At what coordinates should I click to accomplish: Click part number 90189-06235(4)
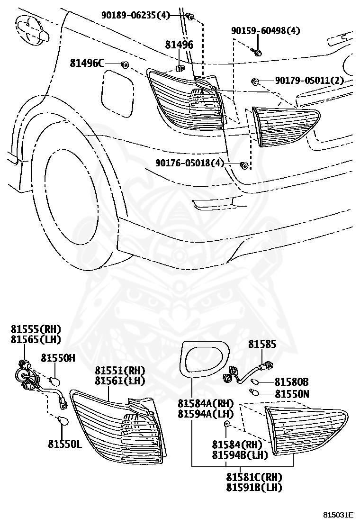[135, 15]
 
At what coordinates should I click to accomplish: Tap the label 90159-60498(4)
[265, 31]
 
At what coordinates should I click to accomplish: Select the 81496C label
[87, 63]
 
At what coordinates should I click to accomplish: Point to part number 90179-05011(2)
[309, 80]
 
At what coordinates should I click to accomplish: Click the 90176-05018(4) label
[189, 163]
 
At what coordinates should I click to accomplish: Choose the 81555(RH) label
[36, 329]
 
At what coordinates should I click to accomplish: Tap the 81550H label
[58, 358]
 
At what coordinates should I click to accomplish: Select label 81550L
[65, 444]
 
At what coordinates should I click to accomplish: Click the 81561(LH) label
[120, 381]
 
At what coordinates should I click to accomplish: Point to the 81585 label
[262, 344]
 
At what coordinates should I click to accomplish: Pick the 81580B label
[292, 382]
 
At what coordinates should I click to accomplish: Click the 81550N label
[292, 393]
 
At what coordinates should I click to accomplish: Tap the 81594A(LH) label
[206, 414]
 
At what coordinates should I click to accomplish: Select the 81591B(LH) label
[254, 487]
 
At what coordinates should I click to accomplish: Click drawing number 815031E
[339, 515]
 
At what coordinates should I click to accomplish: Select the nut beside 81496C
[125, 64]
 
